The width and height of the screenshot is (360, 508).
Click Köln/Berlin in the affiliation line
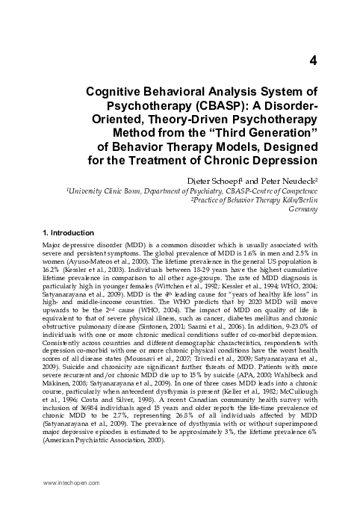click(300, 200)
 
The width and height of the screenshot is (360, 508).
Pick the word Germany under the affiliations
click(306, 210)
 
